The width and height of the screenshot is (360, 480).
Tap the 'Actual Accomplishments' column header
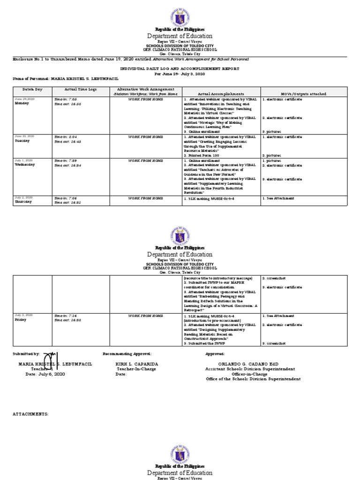coord(221,94)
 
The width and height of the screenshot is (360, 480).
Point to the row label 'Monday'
coord(22,103)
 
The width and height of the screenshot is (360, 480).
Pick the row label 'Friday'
coord(21,320)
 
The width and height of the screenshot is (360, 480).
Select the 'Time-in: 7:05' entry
coord(66,99)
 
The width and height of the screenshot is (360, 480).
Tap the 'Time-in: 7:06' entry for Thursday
coord(66,198)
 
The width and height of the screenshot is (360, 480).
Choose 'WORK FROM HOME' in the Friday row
coord(145,316)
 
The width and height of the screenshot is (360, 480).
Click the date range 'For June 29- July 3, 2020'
coord(180,74)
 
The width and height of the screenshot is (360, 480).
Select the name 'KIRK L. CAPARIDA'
coord(137,364)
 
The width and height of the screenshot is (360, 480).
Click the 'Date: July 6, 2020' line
coord(45,374)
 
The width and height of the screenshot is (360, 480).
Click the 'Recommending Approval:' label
coord(127,353)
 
